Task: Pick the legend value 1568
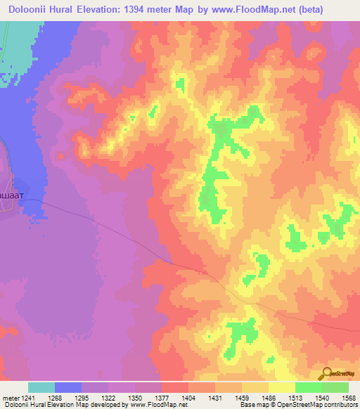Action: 348,398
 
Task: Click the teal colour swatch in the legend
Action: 41,387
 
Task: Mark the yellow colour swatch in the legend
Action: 281,387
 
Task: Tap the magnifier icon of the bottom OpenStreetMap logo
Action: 327,372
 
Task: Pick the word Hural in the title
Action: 72,10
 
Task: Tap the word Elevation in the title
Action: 117,10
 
